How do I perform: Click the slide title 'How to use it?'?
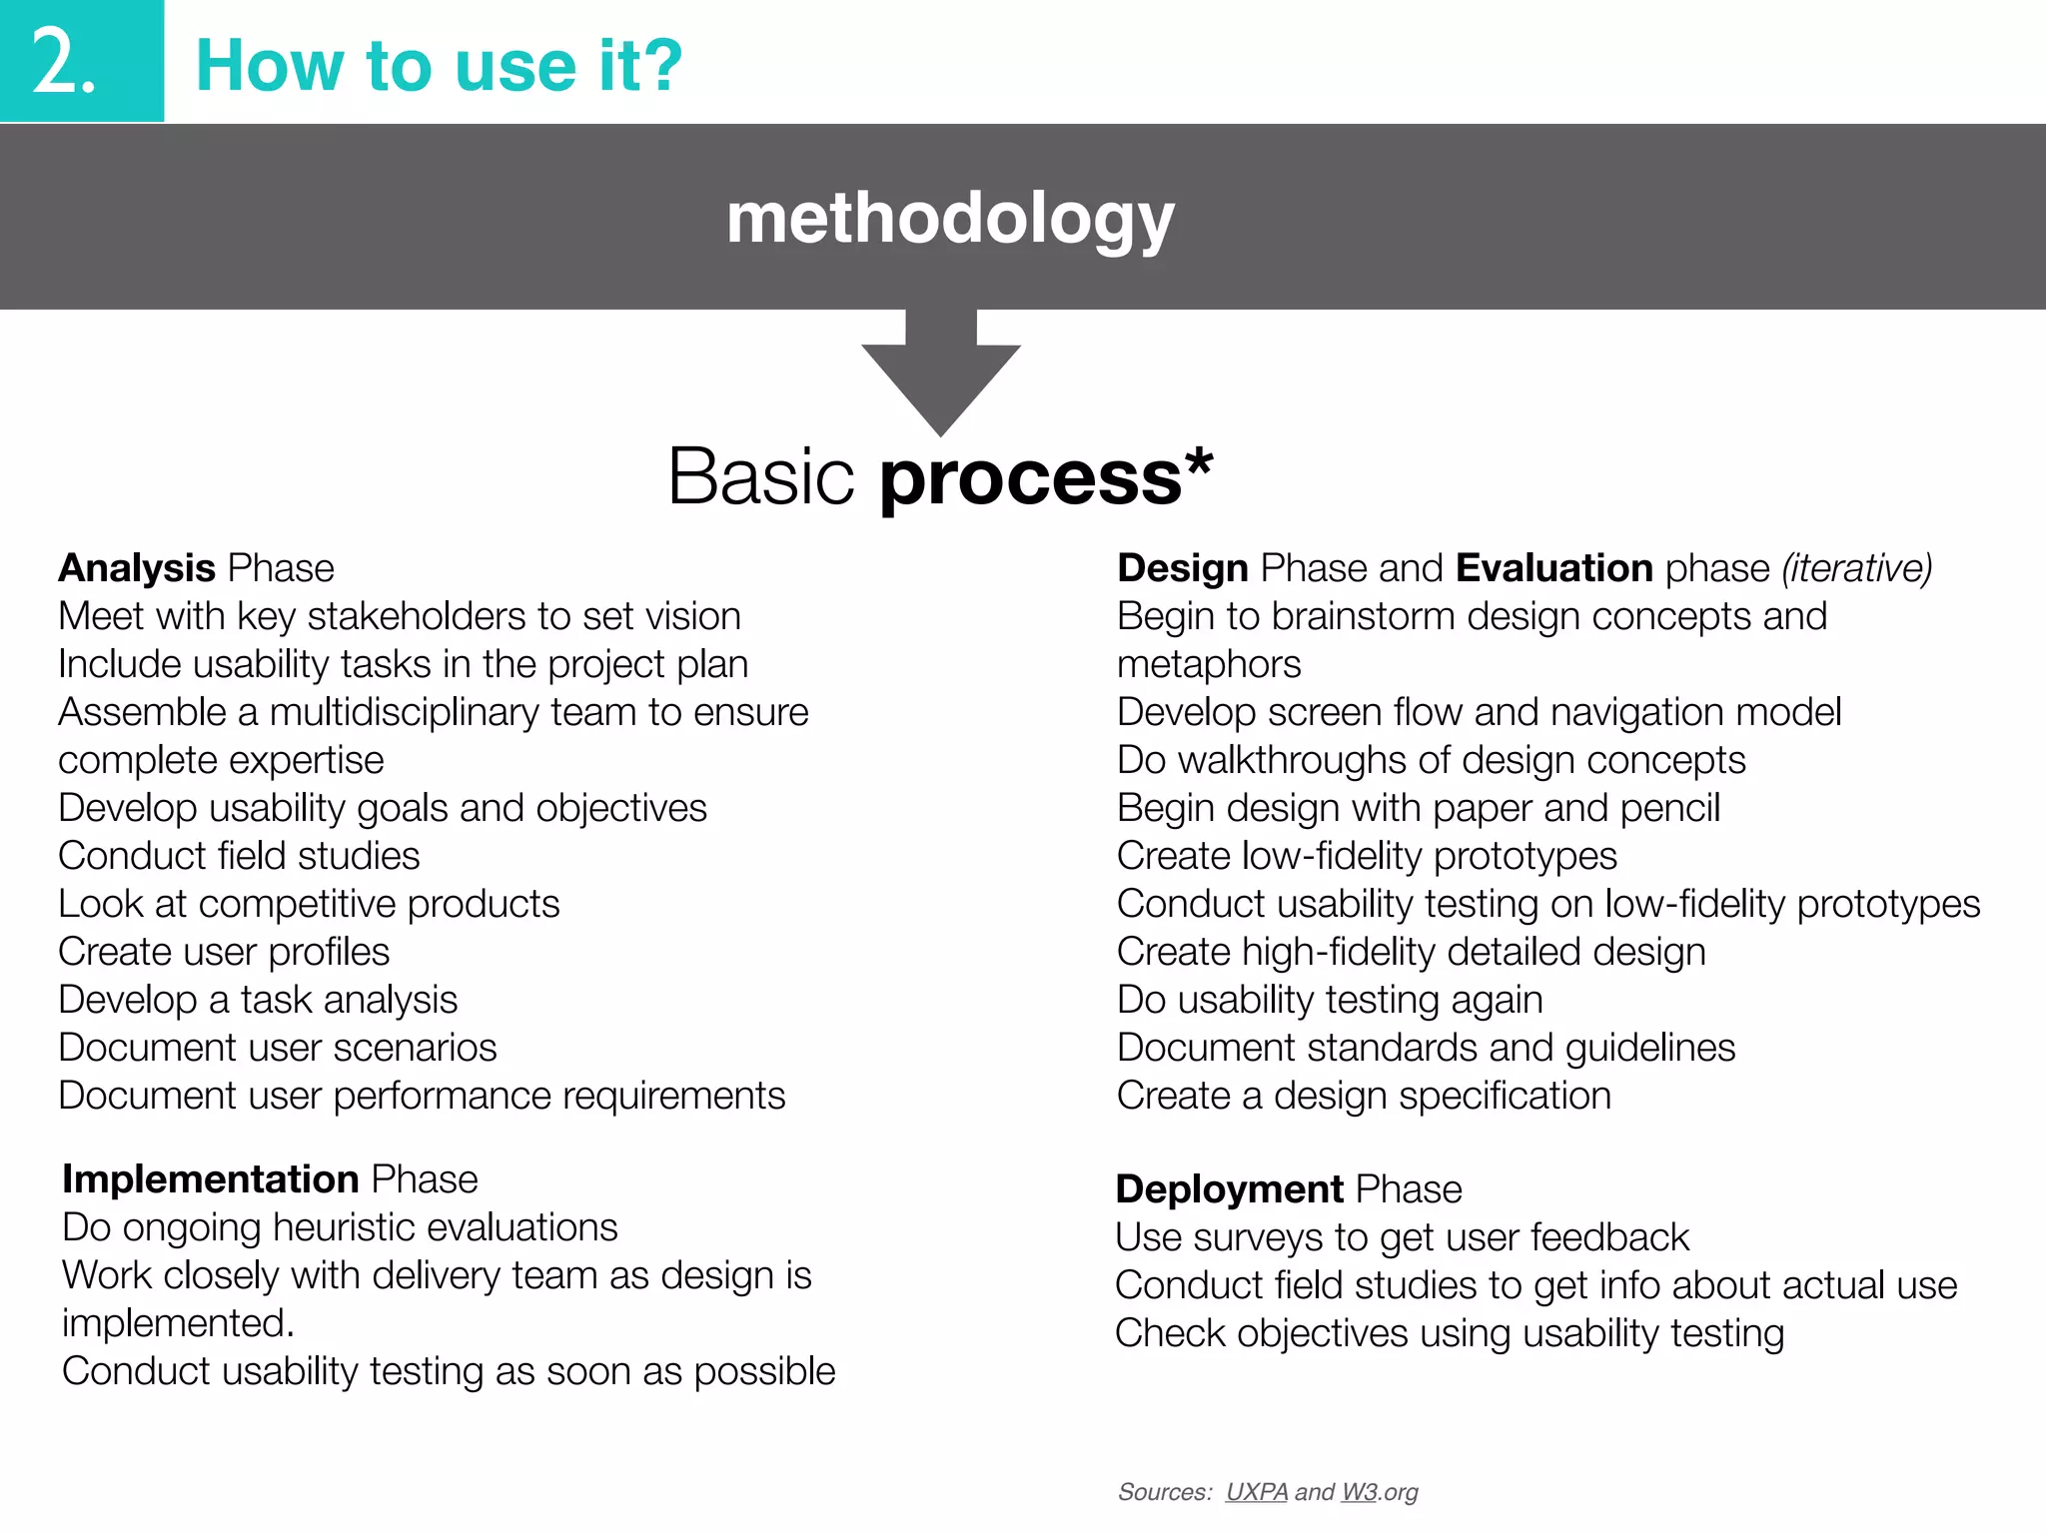click(x=439, y=66)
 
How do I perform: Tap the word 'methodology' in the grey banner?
click(x=949, y=218)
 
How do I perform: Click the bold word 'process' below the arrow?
click(x=1031, y=477)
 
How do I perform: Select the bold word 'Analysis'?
click(x=137, y=567)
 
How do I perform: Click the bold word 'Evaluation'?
click(x=1553, y=567)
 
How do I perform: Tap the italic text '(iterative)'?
click(x=1856, y=567)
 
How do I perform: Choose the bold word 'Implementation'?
click(x=210, y=1178)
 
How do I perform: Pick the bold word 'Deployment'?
click(x=1229, y=1188)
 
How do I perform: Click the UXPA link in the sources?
click(x=1256, y=1491)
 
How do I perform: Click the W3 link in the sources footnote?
click(x=1359, y=1491)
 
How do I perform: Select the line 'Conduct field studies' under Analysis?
click(x=239, y=856)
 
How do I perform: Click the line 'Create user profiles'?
click(x=224, y=952)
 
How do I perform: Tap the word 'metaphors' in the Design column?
click(x=1209, y=664)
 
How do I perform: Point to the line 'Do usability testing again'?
click(x=1330, y=1000)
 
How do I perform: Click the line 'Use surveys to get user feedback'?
click(x=1402, y=1237)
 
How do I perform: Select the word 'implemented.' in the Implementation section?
click(x=178, y=1323)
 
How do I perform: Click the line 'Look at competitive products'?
click(x=309, y=904)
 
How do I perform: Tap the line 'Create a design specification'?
click(x=1364, y=1096)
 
